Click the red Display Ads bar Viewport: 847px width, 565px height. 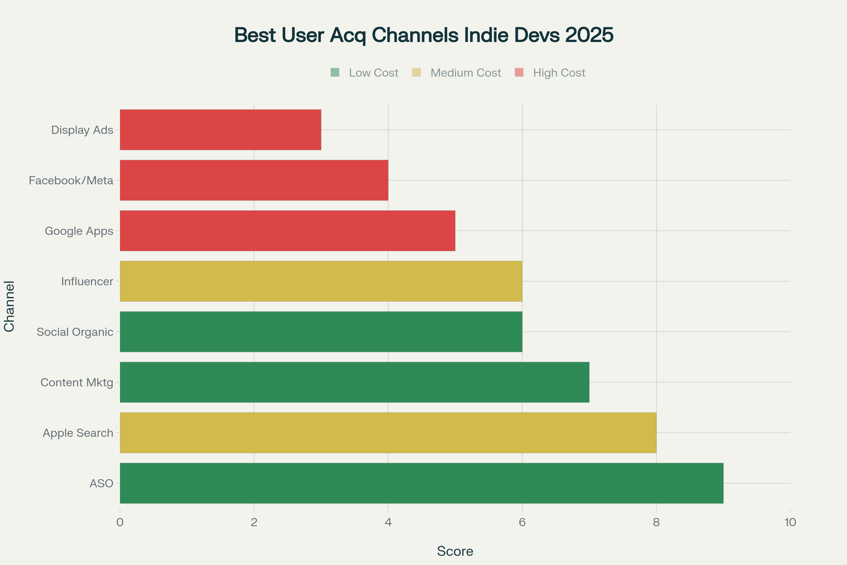click(x=220, y=130)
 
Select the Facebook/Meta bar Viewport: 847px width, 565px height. click(x=254, y=180)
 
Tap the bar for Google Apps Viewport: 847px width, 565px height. click(x=287, y=231)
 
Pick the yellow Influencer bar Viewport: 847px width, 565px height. click(x=321, y=281)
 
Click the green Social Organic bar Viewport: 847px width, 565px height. click(x=321, y=332)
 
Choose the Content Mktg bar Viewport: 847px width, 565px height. click(x=354, y=382)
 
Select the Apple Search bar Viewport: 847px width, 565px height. click(x=388, y=432)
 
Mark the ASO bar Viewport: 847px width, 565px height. click(x=421, y=483)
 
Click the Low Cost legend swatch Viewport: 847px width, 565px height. click(x=335, y=72)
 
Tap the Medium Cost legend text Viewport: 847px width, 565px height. click(x=465, y=73)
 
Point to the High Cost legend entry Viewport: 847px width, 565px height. click(x=559, y=73)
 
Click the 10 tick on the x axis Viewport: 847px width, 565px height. click(x=790, y=523)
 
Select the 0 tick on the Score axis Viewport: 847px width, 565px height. click(x=120, y=523)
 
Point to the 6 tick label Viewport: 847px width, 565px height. click(x=522, y=523)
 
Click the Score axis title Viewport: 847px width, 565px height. click(x=455, y=551)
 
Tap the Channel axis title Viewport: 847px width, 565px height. click(x=9, y=306)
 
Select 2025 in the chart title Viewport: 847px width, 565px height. click(x=589, y=35)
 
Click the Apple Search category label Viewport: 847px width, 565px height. click(x=78, y=433)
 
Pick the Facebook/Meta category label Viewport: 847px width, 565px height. click(x=71, y=180)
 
